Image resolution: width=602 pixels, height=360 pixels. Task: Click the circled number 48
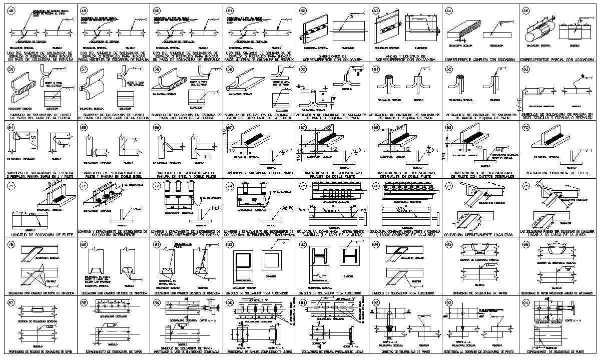pyautogui.click(x=11, y=11)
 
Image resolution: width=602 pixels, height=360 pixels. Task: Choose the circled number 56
pyautogui.click(x=11, y=70)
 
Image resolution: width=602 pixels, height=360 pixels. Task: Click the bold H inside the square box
pyautogui.click(x=350, y=257)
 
